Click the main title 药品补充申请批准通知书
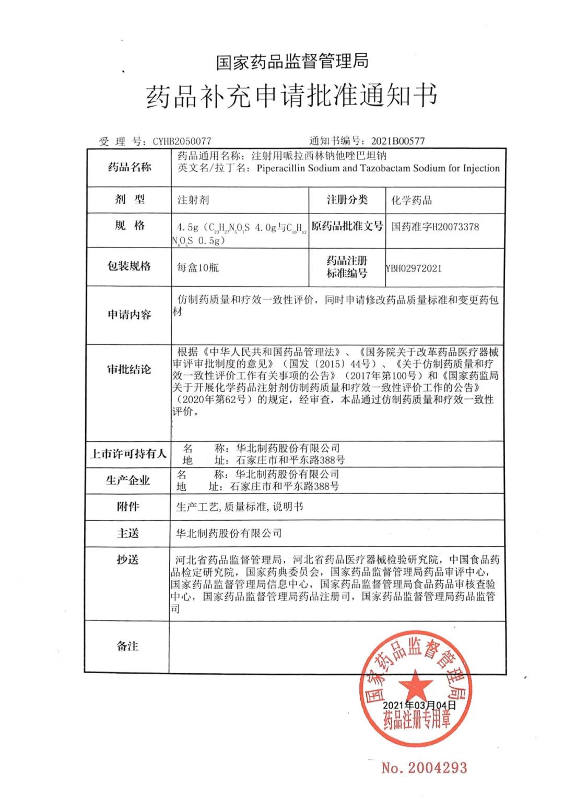point(291,96)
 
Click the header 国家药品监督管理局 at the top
point(292,62)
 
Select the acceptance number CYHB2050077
point(182,141)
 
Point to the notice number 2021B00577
point(397,141)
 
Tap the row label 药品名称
point(129,167)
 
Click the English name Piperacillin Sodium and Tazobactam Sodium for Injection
point(378,168)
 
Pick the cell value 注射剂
point(193,200)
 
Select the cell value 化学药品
point(412,200)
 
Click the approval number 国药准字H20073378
point(435,227)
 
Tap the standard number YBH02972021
point(414,268)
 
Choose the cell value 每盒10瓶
point(198,268)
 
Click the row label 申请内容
point(129,314)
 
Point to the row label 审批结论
point(129,370)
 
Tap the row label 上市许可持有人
point(128,454)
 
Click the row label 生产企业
point(128,480)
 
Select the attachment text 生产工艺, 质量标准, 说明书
point(239,507)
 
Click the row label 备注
point(127,646)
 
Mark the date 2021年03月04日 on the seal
point(419,705)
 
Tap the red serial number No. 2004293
point(424,768)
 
